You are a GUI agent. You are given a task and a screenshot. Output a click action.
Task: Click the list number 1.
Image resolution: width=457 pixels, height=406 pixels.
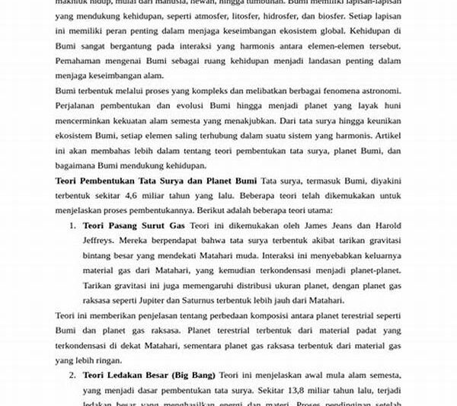(72, 226)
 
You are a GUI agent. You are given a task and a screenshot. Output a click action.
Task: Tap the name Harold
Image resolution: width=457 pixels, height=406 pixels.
(383, 226)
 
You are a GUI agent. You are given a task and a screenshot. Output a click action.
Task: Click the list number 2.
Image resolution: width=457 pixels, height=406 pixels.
(72, 376)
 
